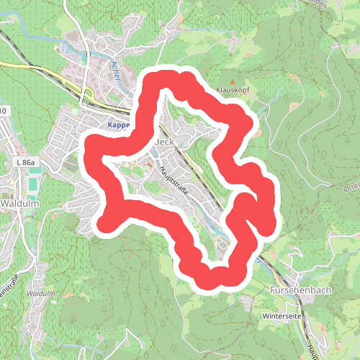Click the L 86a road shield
click(x=26, y=165)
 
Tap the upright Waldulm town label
click(x=19, y=204)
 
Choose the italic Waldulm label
click(x=40, y=294)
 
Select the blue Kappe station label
click(x=117, y=125)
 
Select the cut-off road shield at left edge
click(x=4, y=111)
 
